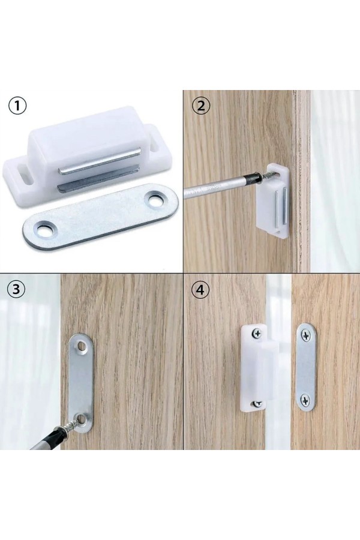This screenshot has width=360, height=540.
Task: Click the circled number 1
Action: coord(17,106)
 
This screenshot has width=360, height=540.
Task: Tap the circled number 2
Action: coord(200,106)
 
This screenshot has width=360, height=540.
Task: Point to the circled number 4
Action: coord(200,290)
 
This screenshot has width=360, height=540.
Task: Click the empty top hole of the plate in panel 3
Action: coord(82,345)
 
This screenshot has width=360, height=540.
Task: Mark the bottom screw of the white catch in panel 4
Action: coord(257,403)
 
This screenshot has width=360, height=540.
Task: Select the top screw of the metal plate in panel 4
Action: coord(306,334)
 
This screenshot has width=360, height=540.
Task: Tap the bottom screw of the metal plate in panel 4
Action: coord(305,400)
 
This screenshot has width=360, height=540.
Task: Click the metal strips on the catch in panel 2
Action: coord(281,208)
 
